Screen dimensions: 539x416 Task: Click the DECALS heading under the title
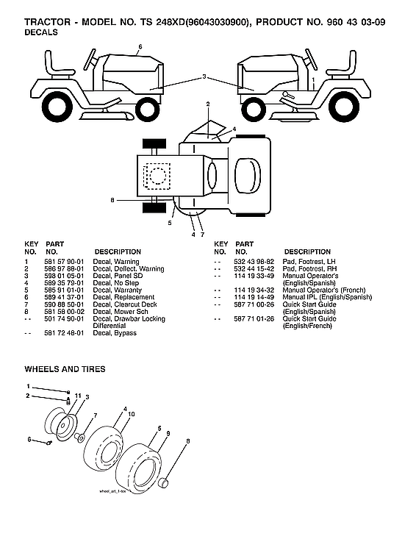tap(40, 33)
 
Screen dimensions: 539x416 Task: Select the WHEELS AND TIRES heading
tap(65, 368)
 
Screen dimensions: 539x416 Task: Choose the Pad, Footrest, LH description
tap(304, 262)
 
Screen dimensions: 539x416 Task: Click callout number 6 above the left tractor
tap(140, 47)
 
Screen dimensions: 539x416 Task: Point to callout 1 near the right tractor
tap(313, 78)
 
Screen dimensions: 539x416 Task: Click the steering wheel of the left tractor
tap(91, 57)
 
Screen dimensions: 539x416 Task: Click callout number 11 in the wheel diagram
tap(76, 396)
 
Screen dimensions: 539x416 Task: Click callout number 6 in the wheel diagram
tap(29, 440)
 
